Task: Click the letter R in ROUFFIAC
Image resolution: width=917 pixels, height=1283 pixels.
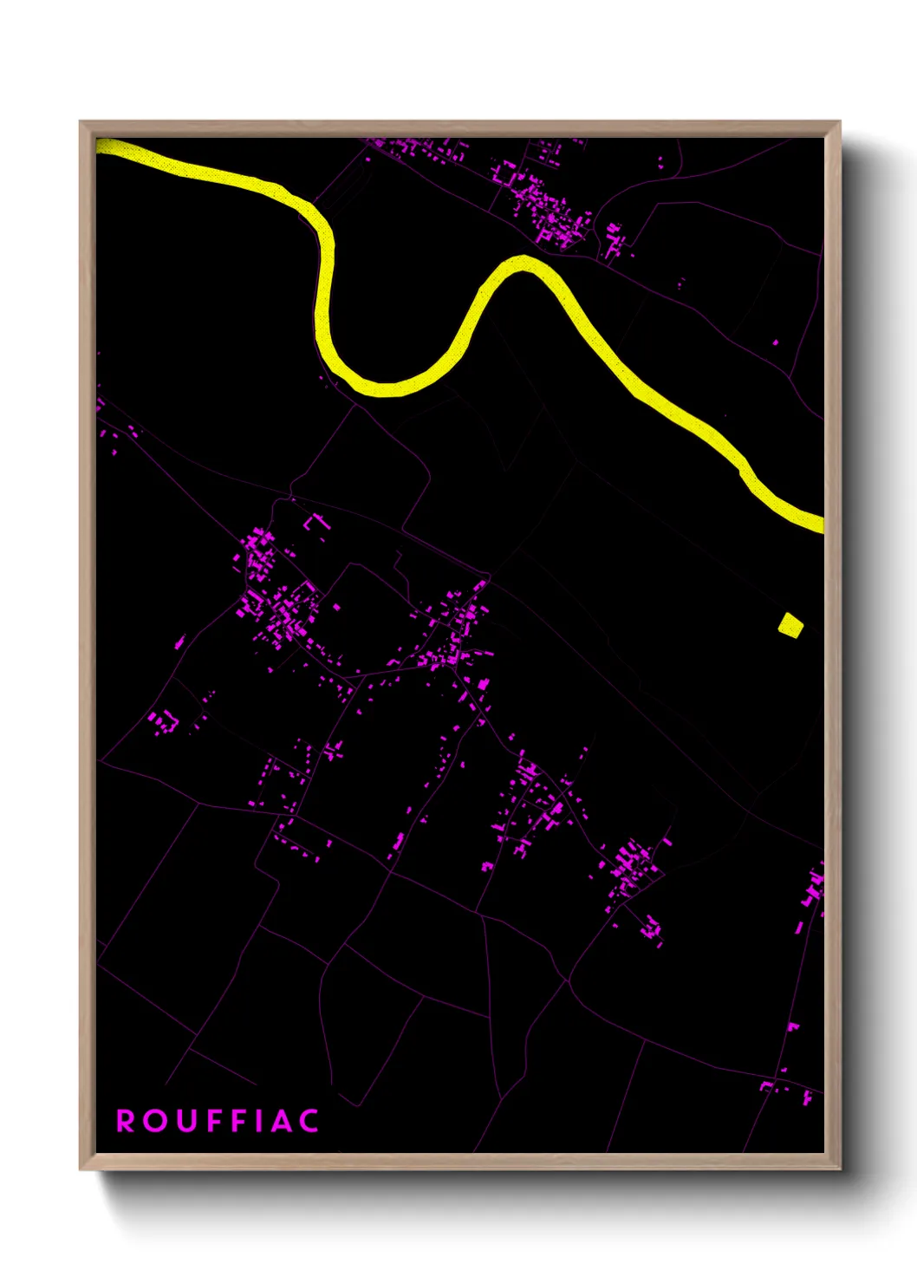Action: (x=127, y=1121)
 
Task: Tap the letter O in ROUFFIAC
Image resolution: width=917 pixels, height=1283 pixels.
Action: (x=156, y=1121)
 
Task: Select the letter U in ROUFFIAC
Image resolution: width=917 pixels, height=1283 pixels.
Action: (x=185, y=1121)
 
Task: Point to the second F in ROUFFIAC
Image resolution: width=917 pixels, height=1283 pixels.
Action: (x=237, y=1121)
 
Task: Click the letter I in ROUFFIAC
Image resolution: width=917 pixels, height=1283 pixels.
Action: (x=258, y=1121)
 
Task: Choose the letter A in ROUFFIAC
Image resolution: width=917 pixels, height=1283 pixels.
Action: (x=280, y=1121)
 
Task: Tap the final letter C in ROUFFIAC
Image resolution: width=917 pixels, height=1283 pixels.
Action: (x=309, y=1121)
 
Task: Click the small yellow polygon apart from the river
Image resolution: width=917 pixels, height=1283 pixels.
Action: (x=790, y=625)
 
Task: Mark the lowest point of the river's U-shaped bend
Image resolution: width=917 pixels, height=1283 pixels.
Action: (x=387, y=388)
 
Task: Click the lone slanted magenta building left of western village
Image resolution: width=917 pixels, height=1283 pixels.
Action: (x=179, y=642)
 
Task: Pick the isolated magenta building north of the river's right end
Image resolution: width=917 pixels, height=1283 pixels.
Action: (x=775, y=342)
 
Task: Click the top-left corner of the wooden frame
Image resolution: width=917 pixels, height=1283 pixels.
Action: (x=81, y=122)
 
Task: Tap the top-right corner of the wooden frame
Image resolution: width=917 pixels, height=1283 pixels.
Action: (x=839, y=122)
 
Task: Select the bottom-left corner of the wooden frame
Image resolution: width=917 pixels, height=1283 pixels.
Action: (x=81, y=1169)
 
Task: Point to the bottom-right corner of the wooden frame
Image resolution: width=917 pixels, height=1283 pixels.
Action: (x=839, y=1169)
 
